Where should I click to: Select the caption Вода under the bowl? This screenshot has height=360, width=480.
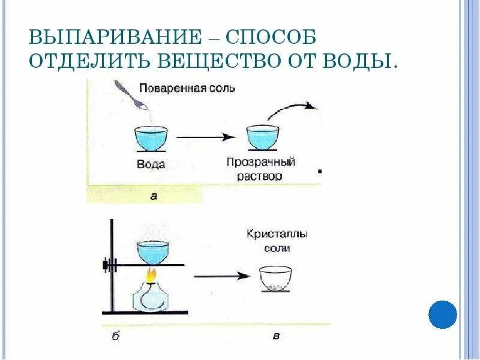151,164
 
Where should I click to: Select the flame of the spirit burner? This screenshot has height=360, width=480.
152,275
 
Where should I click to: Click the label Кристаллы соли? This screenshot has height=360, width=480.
268,240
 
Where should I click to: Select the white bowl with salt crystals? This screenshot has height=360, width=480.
275,278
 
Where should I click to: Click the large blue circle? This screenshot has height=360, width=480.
443,314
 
